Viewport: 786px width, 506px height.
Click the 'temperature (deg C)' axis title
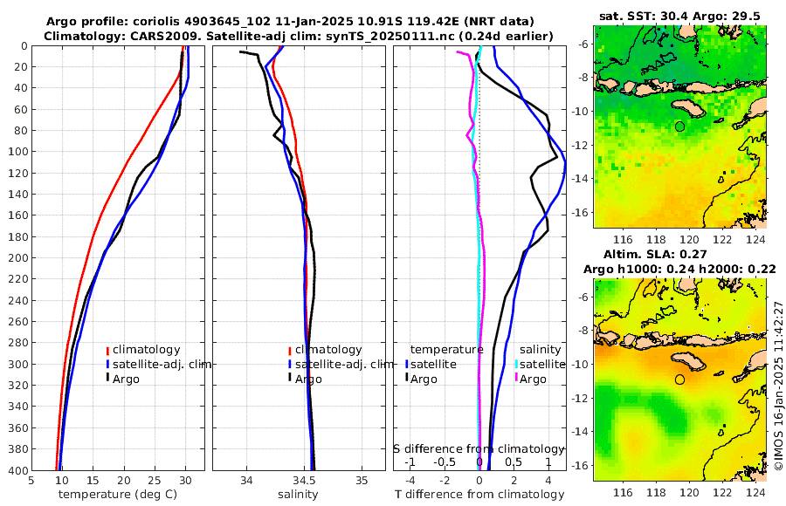(x=118, y=495)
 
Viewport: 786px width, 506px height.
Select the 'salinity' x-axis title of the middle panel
(x=297, y=495)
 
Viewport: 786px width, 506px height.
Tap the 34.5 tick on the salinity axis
(x=304, y=480)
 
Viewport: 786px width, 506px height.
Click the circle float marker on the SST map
(x=679, y=126)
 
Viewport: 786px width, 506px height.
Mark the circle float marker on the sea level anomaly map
(x=679, y=379)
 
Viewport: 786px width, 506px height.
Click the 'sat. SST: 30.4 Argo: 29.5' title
(x=679, y=16)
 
